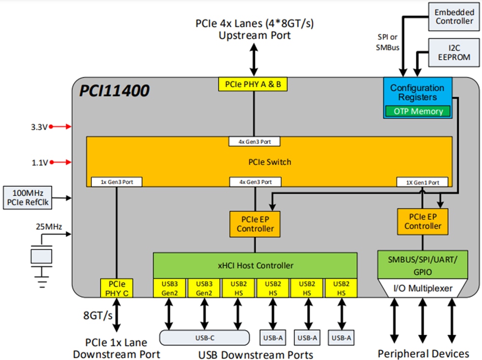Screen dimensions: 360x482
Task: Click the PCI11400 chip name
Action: (x=115, y=90)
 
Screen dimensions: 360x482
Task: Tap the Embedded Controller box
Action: (x=454, y=16)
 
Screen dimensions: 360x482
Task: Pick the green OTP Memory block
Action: (x=418, y=111)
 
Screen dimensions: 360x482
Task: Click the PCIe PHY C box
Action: (x=116, y=287)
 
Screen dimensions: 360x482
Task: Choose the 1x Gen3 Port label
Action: (x=117, y=182)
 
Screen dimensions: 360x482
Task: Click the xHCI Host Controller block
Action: (x=255, y=265)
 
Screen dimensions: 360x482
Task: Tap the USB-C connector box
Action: (x=204, y=337)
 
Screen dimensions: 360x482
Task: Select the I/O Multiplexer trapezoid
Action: (x=422, y=288)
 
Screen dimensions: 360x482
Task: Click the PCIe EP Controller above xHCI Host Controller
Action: (x=255, y=224)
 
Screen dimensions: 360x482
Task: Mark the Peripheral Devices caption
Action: (x=423, y=353)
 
